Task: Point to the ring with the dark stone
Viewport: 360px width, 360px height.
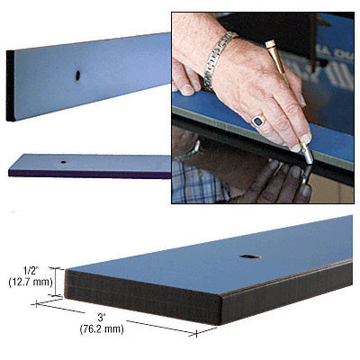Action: tap(259, 119)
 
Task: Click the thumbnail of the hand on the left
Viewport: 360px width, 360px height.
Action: tap(186, 89)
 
